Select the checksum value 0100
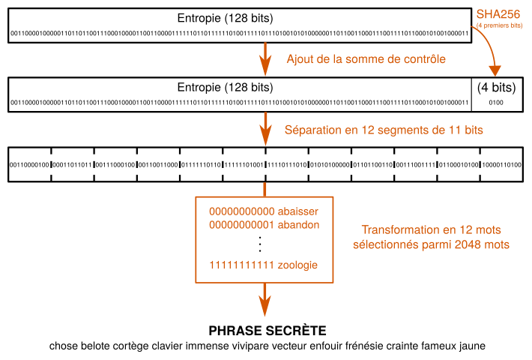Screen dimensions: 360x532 click(496, 102)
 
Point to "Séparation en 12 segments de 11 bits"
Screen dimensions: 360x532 click(383, 130)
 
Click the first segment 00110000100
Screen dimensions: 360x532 click(29, 164)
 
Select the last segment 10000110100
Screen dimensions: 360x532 click(501, 164)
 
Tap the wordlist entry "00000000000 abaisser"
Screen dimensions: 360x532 click(265, 211)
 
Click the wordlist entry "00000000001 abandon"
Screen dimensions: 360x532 click(265, 224)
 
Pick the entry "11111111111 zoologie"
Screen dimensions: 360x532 click(265, 265)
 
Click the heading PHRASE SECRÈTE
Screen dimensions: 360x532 click(267, 331)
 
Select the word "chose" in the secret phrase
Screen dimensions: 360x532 click(64, 346)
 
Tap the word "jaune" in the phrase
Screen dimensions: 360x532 click(471, 346)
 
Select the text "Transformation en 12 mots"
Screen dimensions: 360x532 click(431, 230)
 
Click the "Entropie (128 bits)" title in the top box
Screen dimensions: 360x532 click(225, 17)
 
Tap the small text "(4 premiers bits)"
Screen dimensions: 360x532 click(496, 25)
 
